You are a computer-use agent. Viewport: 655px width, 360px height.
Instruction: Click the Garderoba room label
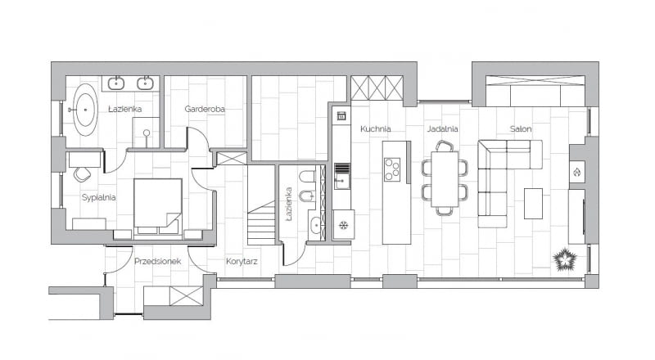click(205, 109)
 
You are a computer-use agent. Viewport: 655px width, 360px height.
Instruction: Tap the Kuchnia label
click(375, 128)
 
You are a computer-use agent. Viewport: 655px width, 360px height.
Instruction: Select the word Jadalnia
click(442, 128)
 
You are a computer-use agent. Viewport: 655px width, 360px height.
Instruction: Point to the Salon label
click(522, 128)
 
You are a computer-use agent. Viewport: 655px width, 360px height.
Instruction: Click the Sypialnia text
click(98, 197)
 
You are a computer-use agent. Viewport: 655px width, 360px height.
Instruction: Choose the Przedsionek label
click(157, 262)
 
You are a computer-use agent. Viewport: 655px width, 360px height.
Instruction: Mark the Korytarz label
click(242, 262)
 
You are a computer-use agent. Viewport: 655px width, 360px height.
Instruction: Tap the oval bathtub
click(84, 110)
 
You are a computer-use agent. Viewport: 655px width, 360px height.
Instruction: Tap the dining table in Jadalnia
click(445, 178)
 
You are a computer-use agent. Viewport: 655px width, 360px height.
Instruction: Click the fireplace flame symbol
click(576, 173)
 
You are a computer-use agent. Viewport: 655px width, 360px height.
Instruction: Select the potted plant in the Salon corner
click(565, 261)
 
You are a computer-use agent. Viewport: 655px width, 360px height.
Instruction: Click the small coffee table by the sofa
click(533, 204)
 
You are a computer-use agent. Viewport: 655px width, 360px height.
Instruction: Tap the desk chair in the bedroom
click(82, 174)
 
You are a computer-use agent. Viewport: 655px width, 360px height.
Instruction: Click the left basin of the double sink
click(117, 83)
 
